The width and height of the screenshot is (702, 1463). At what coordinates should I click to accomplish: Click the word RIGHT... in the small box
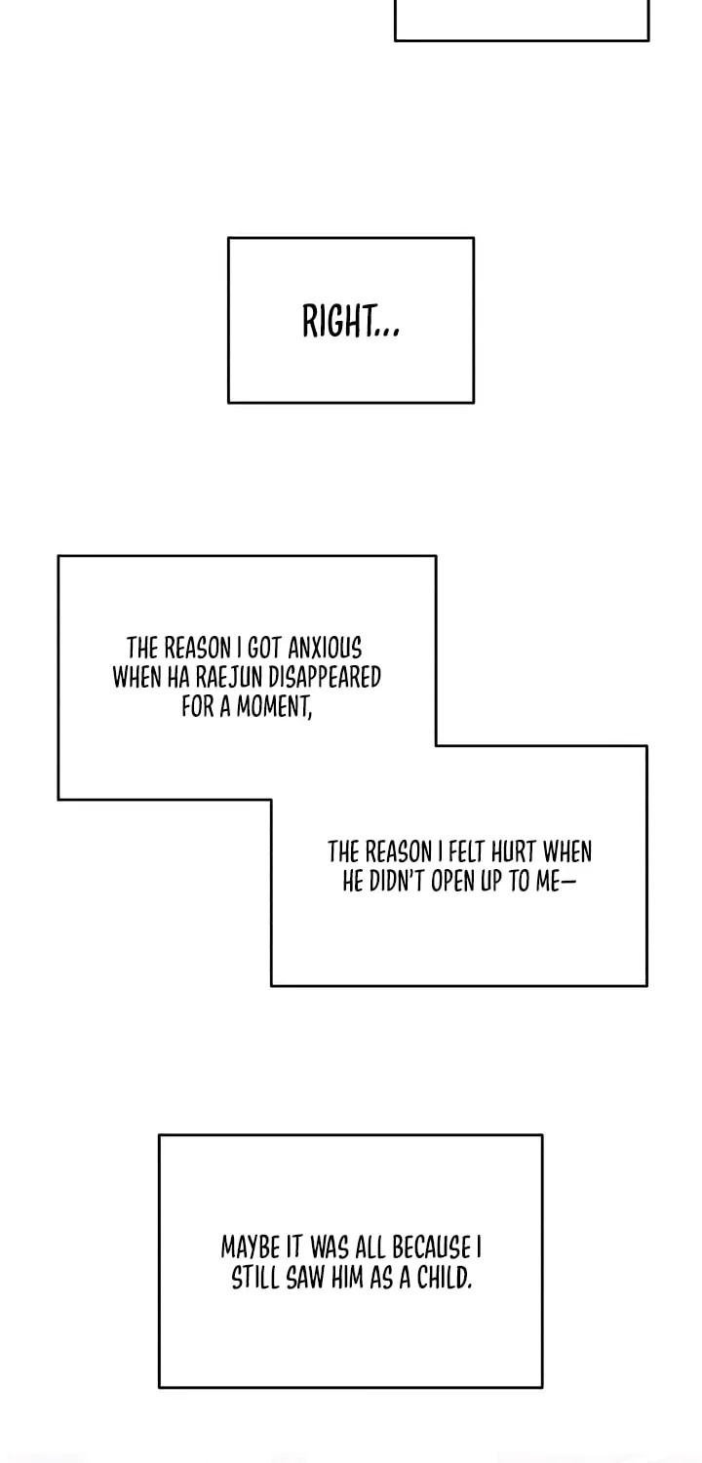click(x=351, y=321)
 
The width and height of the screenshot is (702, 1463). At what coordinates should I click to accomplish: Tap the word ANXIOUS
click(x=325, y=649)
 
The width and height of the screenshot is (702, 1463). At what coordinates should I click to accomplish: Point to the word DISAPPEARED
click(x=325, y=678)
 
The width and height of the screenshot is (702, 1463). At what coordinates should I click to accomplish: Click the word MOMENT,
click(x=274, y=707)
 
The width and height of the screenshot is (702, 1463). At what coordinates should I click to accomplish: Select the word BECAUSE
click(x=431, y=1247)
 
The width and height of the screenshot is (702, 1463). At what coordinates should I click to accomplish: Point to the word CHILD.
click(x=444, y=1278)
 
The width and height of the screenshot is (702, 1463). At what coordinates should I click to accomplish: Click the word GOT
click(x=264, y=649)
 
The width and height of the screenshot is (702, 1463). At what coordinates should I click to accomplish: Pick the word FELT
click(x=466, y=852)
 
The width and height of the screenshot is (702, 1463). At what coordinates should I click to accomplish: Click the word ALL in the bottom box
click(x=370, y=1247)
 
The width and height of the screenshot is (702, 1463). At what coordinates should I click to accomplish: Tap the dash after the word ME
click(x=568, y=882)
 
